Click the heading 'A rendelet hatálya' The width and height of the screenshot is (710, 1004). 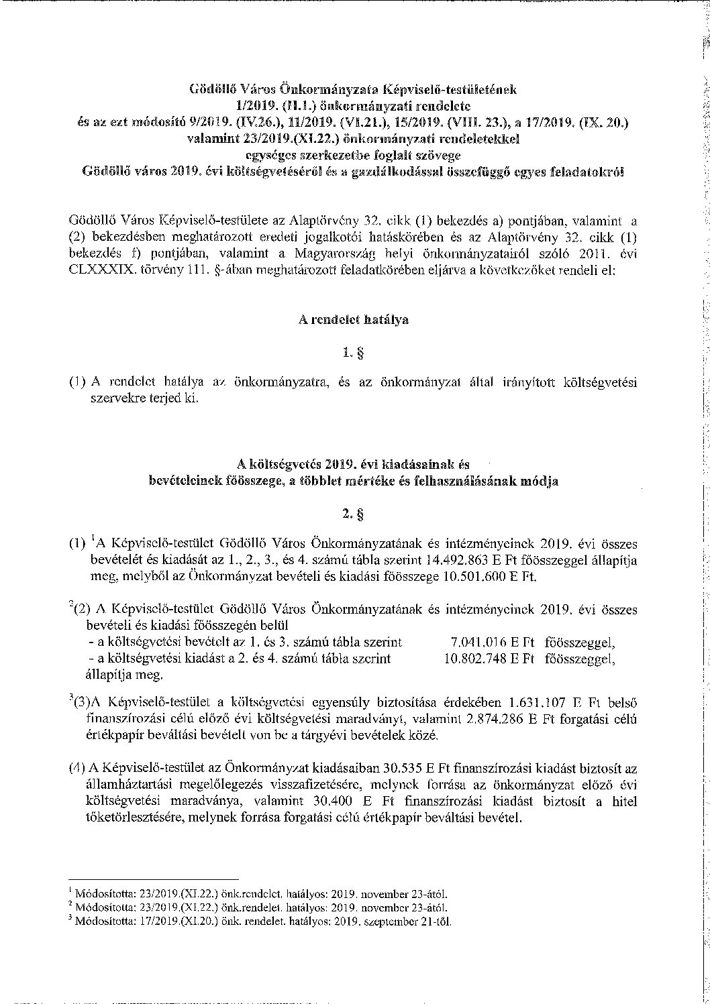click(x=354, y=320)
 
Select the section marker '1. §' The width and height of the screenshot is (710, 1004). click(x=354, y=351)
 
